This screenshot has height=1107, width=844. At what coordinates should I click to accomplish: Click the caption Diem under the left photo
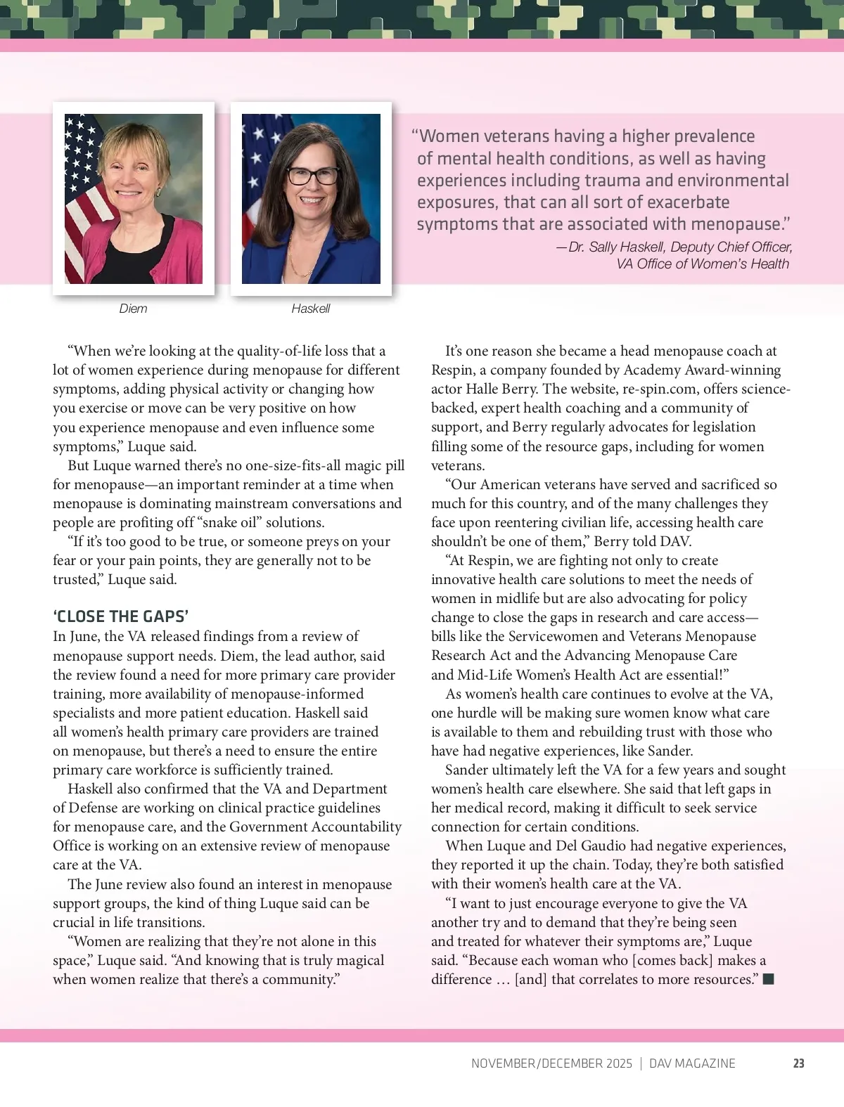[x=133, y=309]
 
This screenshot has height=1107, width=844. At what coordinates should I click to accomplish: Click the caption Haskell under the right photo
[x=310, y=309]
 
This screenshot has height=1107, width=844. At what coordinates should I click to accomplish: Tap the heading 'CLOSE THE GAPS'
[x=120, y=616]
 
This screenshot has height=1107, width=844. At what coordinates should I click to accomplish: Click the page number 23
[x=798, y=1063]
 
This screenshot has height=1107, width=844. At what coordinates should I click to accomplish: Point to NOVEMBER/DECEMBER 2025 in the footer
[x=551, y=1063]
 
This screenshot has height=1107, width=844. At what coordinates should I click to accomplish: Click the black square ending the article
[x=768, y=979]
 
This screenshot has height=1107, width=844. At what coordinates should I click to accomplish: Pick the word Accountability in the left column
[x=355, y=827]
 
